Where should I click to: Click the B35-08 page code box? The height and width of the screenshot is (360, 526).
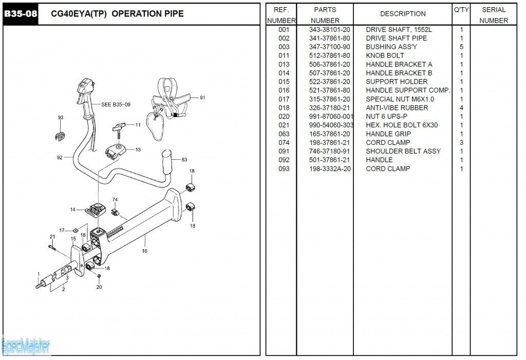pyautogui.click(x=21, y=14)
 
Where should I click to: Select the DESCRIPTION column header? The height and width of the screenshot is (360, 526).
pyautogui.click(x=403, y=14)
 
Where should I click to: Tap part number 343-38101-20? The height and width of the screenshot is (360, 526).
pyautogui.click(x=329, y=30)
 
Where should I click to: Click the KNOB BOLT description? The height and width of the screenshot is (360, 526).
pyautogui.click(x=385, y=55)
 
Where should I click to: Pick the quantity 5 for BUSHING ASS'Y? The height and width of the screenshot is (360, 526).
pyautogui.click(x=461, y=47)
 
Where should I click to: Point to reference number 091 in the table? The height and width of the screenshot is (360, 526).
pyautogui.click(x=284, y=151)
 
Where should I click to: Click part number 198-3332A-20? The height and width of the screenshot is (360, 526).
pyautogui.click(x=329, y=168)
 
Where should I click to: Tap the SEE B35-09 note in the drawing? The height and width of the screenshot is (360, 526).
pyautogui.click(x=116, y=105)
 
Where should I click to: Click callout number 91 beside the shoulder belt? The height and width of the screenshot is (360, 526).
pyautogui.click(x=202, y=98)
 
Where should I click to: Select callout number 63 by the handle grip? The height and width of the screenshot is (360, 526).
pyautogui.click(x=184, y=159)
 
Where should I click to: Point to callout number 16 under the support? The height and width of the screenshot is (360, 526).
pyautogui.click(x=145, y=251)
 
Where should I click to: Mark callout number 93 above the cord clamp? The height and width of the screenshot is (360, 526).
pyautogui.click(x=61, y=118)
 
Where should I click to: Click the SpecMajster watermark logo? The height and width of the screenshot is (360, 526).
pyautogui.click(x=26, y=347)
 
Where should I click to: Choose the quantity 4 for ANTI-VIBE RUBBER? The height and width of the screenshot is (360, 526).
pyautogui.click(x=461, y=108)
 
